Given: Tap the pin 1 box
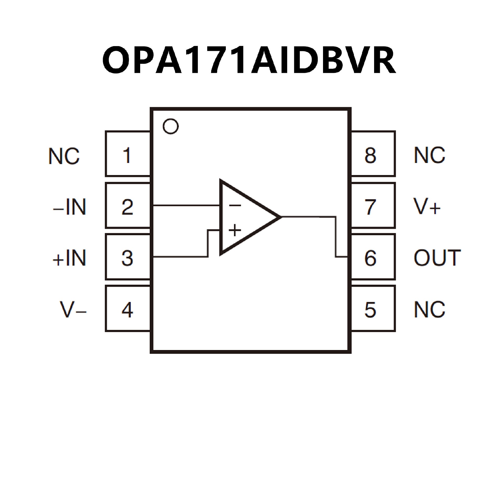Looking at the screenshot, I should click(128, 154).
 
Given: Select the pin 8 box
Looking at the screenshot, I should click(373, 154).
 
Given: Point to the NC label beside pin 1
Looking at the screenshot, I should click(64, 156).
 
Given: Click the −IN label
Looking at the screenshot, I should click(70, 207).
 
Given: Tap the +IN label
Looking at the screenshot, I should click(70, 258).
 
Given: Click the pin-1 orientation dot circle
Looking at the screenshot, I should click(171, 127).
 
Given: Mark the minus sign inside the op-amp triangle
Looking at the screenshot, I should click(235, 205).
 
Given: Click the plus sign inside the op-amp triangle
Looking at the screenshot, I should click(235, 230).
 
